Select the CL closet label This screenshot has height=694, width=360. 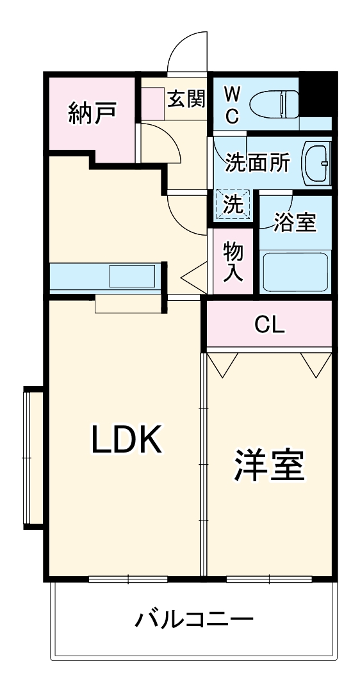coord(269,325)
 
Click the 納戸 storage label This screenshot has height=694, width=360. coord(92,113)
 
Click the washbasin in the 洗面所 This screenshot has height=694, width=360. coord(316,163)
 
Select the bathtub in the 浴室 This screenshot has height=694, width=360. coord(295,271)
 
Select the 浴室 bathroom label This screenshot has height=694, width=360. coord(295,222)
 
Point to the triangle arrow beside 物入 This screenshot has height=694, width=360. coord(193,278)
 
